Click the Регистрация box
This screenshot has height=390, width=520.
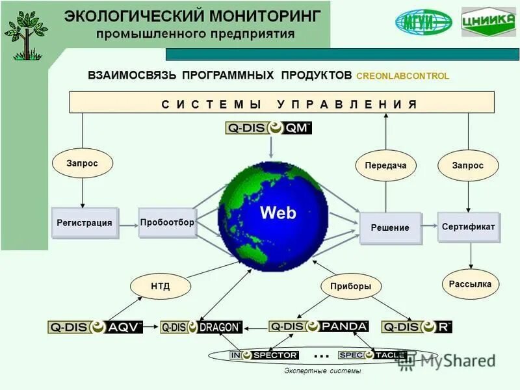point(84,222)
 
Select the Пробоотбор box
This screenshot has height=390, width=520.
point(166,222)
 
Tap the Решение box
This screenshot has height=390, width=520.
point(390,227)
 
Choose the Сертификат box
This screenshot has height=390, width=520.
point(468,227)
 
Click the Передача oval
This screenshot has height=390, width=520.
point(385,166)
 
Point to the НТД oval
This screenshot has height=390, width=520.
point(161,286)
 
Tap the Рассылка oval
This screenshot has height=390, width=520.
point(470,284)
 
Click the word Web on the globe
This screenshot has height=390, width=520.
point(278,213)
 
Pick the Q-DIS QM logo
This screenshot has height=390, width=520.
point(268,128)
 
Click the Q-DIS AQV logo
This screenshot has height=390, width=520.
point(95,327)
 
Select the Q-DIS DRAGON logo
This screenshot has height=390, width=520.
point(201,327)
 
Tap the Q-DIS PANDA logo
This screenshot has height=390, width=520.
point(318,326)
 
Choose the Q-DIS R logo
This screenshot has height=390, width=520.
point(417,327)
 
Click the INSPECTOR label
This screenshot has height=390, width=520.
point(264,356)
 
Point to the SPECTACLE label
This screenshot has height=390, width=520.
point(372,356)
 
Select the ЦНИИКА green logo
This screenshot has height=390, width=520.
point(489,23)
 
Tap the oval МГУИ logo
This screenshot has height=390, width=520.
point(423,23)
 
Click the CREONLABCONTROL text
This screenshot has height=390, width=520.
point(402,76)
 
